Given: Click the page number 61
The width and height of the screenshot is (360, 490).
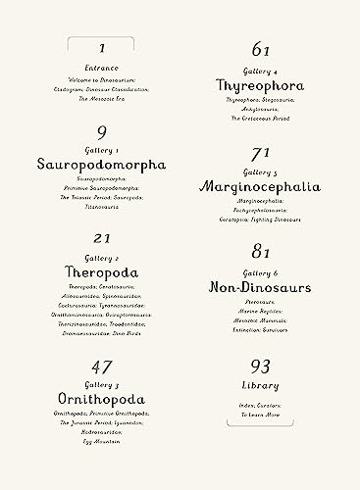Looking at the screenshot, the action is [x=260, y=50].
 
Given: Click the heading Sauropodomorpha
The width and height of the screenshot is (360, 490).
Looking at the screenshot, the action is [x=102, y=164].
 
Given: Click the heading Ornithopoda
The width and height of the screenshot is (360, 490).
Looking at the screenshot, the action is [x=102, y=400].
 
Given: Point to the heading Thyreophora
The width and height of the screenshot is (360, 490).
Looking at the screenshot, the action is [x=260, y=85].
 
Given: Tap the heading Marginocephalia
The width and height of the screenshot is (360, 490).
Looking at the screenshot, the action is [x=260, y=186].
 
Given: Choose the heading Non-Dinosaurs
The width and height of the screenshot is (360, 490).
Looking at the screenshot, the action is [x=260, y=288].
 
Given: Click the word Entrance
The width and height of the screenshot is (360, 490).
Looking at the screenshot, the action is [x=102, y=68].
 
